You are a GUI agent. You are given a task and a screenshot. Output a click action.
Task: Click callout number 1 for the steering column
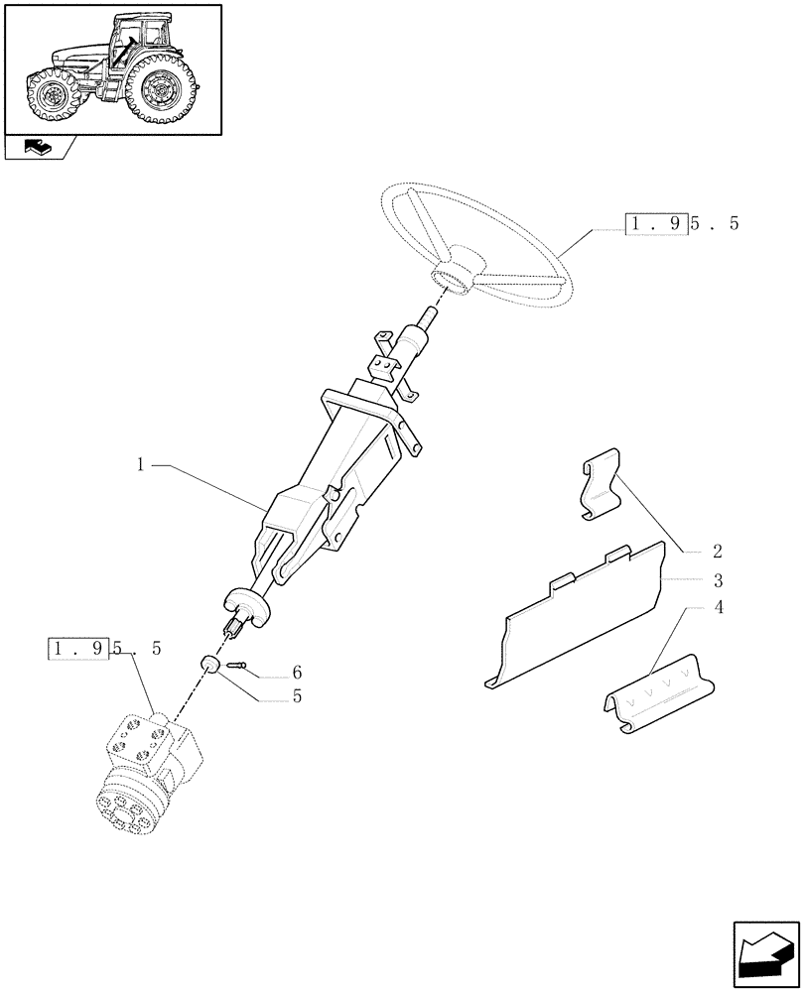[x=141, y=463]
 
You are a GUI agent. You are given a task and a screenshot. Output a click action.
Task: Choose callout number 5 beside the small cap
[x=297, y=696]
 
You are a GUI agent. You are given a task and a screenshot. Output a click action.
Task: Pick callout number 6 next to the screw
[x=297, y=672]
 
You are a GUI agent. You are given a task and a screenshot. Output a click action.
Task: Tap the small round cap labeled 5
[x=209, y=663]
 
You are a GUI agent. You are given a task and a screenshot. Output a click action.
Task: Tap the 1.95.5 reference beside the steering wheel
[x=683, y=223]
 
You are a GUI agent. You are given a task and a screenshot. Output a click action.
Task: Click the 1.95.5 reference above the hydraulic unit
[x=106, y=650]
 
